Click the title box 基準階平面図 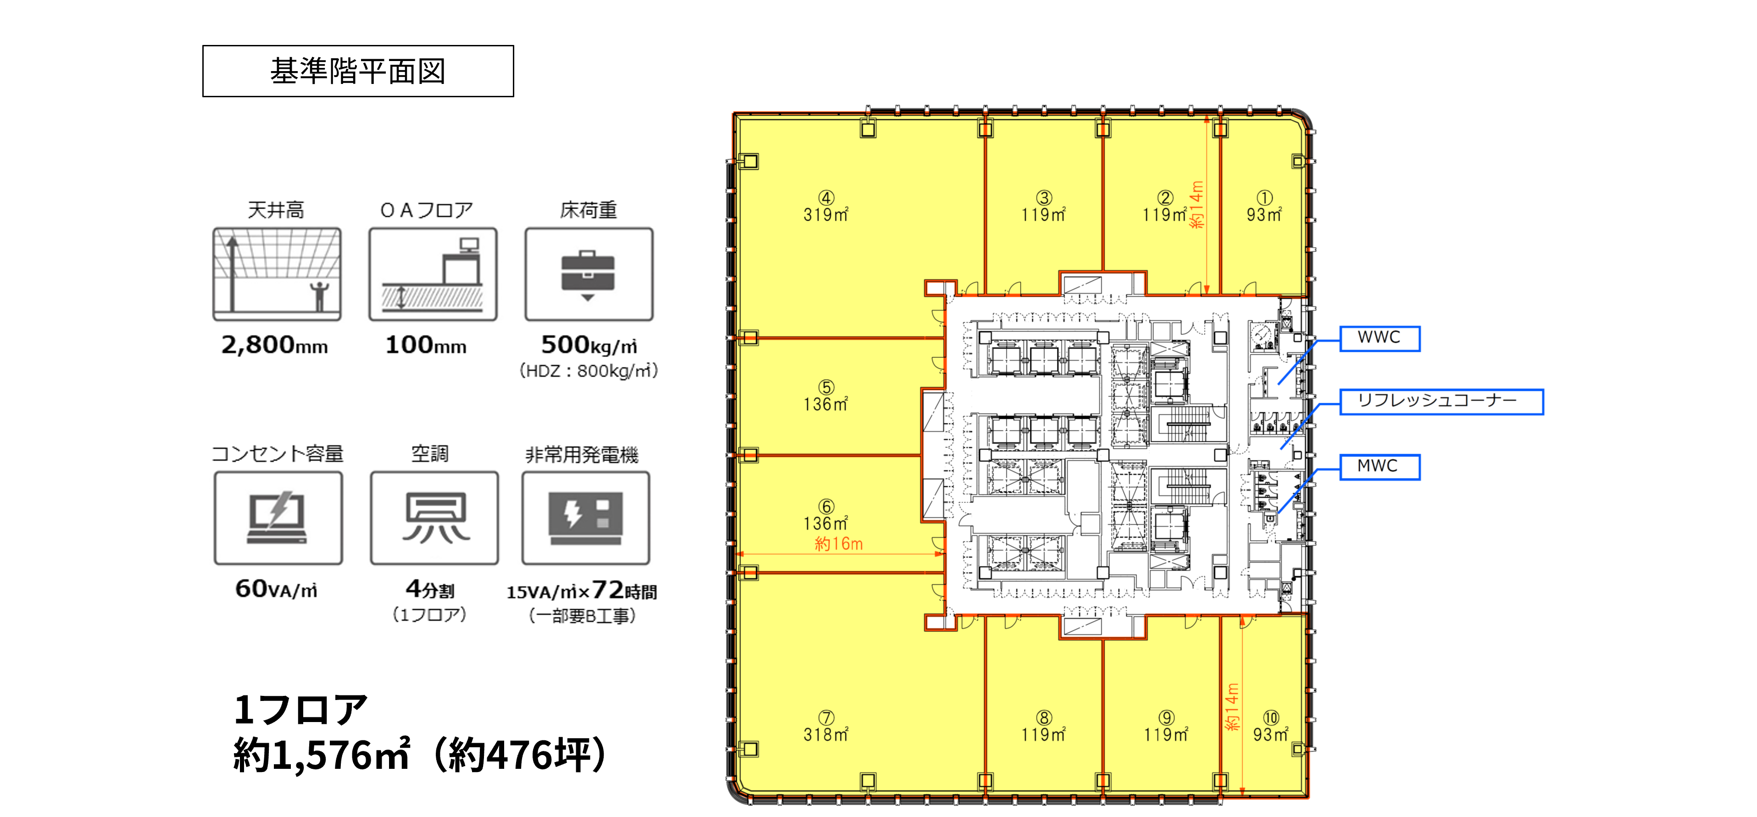[358, 71]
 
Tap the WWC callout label [1380, 338]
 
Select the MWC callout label [1380, 467]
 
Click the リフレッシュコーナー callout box [1441, 401]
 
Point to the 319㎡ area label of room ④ [826, 215]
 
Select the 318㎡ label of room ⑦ [826, 734]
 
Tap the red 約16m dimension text [839, 544]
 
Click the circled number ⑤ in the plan [826, 387]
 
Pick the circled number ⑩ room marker [1271, 717]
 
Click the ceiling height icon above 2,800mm [277, 274]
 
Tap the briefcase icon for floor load [588, 275]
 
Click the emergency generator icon [586, 518]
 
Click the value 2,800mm [275, 345]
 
